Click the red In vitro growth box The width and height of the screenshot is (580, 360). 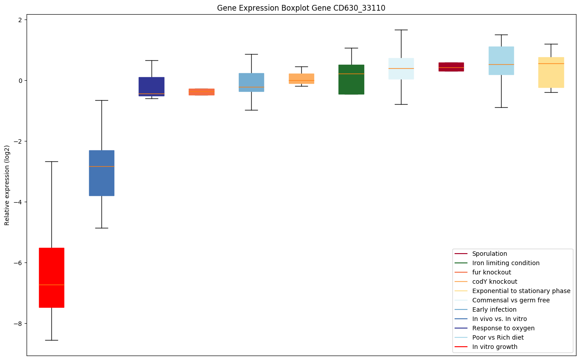coord(51,277)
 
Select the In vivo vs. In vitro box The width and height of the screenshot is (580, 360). coord(101,173)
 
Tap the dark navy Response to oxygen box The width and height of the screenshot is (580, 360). coord(152,86)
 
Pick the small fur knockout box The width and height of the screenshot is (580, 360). coord(202,92)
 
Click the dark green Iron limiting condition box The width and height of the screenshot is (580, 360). coord(351,80)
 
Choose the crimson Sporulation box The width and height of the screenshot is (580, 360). coord(451,67)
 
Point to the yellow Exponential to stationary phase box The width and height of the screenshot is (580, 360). coord(551,72)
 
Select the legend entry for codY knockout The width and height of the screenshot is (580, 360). coord(494,282)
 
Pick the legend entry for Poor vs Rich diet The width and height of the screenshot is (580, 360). coord(498,337)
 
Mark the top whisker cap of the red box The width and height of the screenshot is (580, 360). coord(51,161)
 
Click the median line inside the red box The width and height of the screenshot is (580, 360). coord(51,285)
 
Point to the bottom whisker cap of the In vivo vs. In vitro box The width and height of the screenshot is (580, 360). coord(101,228)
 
